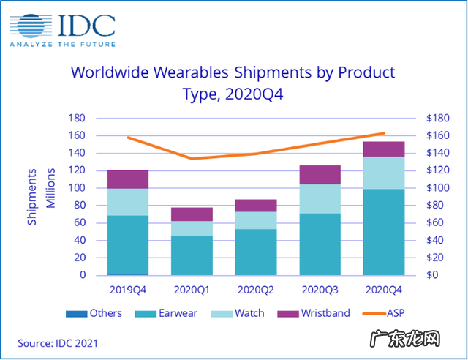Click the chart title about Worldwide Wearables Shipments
click(232, 83)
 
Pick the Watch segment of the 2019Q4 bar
click(128, 202)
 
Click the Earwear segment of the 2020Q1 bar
click(192, 255)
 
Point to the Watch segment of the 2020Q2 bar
click(255, 220)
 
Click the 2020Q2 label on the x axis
click(255, 289)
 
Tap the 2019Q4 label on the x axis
click(128, 289)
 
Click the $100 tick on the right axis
click(429, 188)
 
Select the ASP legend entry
click(393, 313)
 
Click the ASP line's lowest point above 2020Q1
click(192, 159)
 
